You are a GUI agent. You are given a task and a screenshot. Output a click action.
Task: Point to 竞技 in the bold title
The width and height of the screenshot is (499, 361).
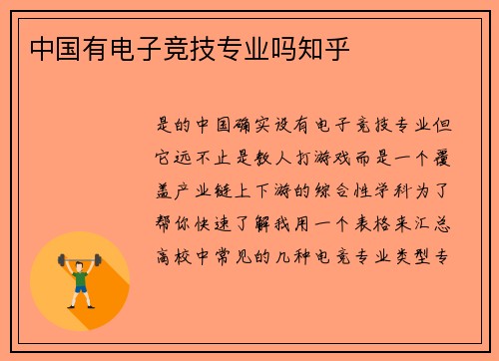(x=205, y=47)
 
